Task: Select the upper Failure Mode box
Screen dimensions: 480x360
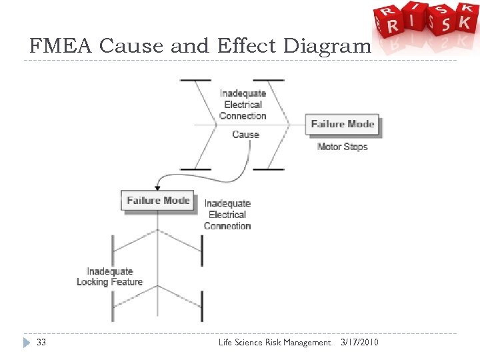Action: tap(343, 124)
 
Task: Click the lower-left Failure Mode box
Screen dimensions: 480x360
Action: tap(158, 201)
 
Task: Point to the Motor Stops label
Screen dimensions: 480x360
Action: tap(342, 147)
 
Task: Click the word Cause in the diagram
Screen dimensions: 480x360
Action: tap(245, 135)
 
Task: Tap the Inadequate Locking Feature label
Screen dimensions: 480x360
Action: tap(109, 277)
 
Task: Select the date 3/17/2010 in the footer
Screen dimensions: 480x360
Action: tap(359, 343)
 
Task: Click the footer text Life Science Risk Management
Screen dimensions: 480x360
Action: tap(274, 343)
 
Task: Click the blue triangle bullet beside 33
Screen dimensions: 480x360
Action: tap(27, 343)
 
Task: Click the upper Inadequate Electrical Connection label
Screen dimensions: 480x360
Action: tap(243, 105)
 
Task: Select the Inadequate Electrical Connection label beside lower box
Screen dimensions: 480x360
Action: tap(227, 215)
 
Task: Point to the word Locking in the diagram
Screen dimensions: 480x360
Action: tap(92, 282)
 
